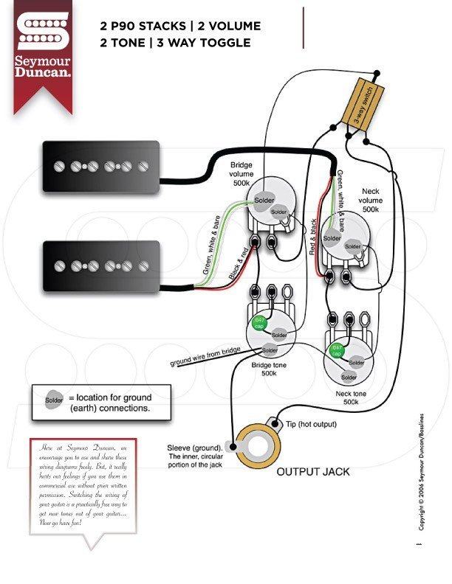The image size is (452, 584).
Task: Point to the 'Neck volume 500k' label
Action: (371, 200)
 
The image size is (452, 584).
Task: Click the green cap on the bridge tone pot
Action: (259, 321)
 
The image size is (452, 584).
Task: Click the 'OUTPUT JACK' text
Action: (313, 471)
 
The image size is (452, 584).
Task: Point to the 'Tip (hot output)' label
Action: (311, 424)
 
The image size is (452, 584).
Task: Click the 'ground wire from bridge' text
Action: (205, 357)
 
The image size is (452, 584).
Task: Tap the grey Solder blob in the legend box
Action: (55, 401)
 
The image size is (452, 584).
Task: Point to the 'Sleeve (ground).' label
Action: (195, 448)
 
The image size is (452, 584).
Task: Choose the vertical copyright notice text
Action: (422, 472)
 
